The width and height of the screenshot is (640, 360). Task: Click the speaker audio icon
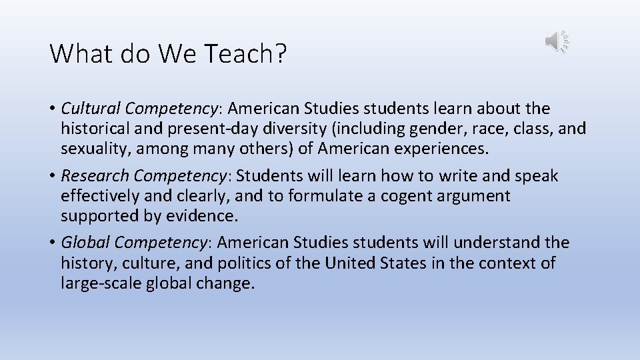coord(557,41)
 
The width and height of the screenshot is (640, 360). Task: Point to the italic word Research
coord(95,176)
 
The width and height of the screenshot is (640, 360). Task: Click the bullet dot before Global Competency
coord(53,243)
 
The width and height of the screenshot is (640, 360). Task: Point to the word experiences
coord(437,148)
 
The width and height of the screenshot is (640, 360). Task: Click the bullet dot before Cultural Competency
coord(53,109)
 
